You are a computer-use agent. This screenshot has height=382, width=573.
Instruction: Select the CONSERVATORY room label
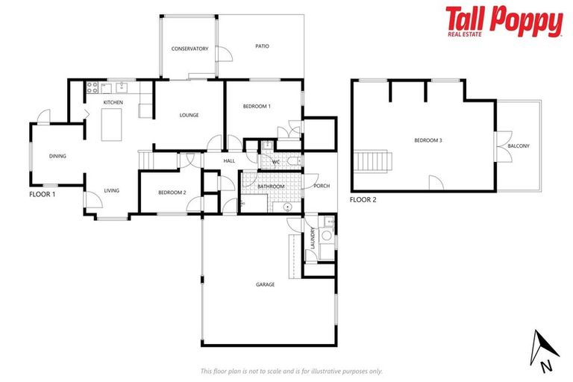190,49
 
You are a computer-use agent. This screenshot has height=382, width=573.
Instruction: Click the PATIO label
262,46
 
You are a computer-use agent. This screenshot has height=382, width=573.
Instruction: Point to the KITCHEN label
113,102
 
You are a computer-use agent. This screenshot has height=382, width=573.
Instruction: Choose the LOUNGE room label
189,115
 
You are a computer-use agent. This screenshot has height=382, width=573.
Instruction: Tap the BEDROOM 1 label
257,107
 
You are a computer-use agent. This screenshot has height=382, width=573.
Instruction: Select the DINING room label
57,156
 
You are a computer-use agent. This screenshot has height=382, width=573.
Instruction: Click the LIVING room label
111,191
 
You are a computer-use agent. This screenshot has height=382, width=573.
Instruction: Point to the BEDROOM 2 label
172,192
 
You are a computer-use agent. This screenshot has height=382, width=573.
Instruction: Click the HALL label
229,160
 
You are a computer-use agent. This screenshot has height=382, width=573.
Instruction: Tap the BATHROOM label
271,187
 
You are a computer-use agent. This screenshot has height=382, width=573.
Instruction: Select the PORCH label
322,186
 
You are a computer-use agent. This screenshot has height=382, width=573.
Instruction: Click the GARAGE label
265,284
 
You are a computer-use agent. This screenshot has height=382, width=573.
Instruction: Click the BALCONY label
519,145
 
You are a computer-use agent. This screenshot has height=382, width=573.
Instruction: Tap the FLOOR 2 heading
364,199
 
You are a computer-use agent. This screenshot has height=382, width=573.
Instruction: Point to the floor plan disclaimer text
291,371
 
